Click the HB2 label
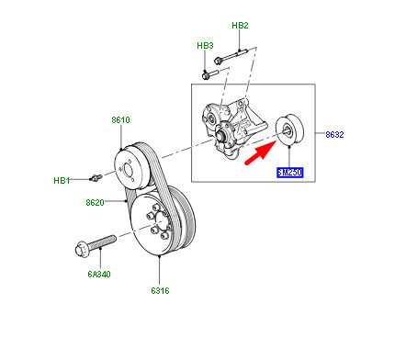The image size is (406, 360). (241, 26)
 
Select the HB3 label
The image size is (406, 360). (205, 45)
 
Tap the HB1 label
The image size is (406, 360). (61, 180)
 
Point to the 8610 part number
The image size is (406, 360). (121, 119)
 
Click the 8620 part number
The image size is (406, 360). (96, 202)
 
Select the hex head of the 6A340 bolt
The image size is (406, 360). (77, 248)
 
